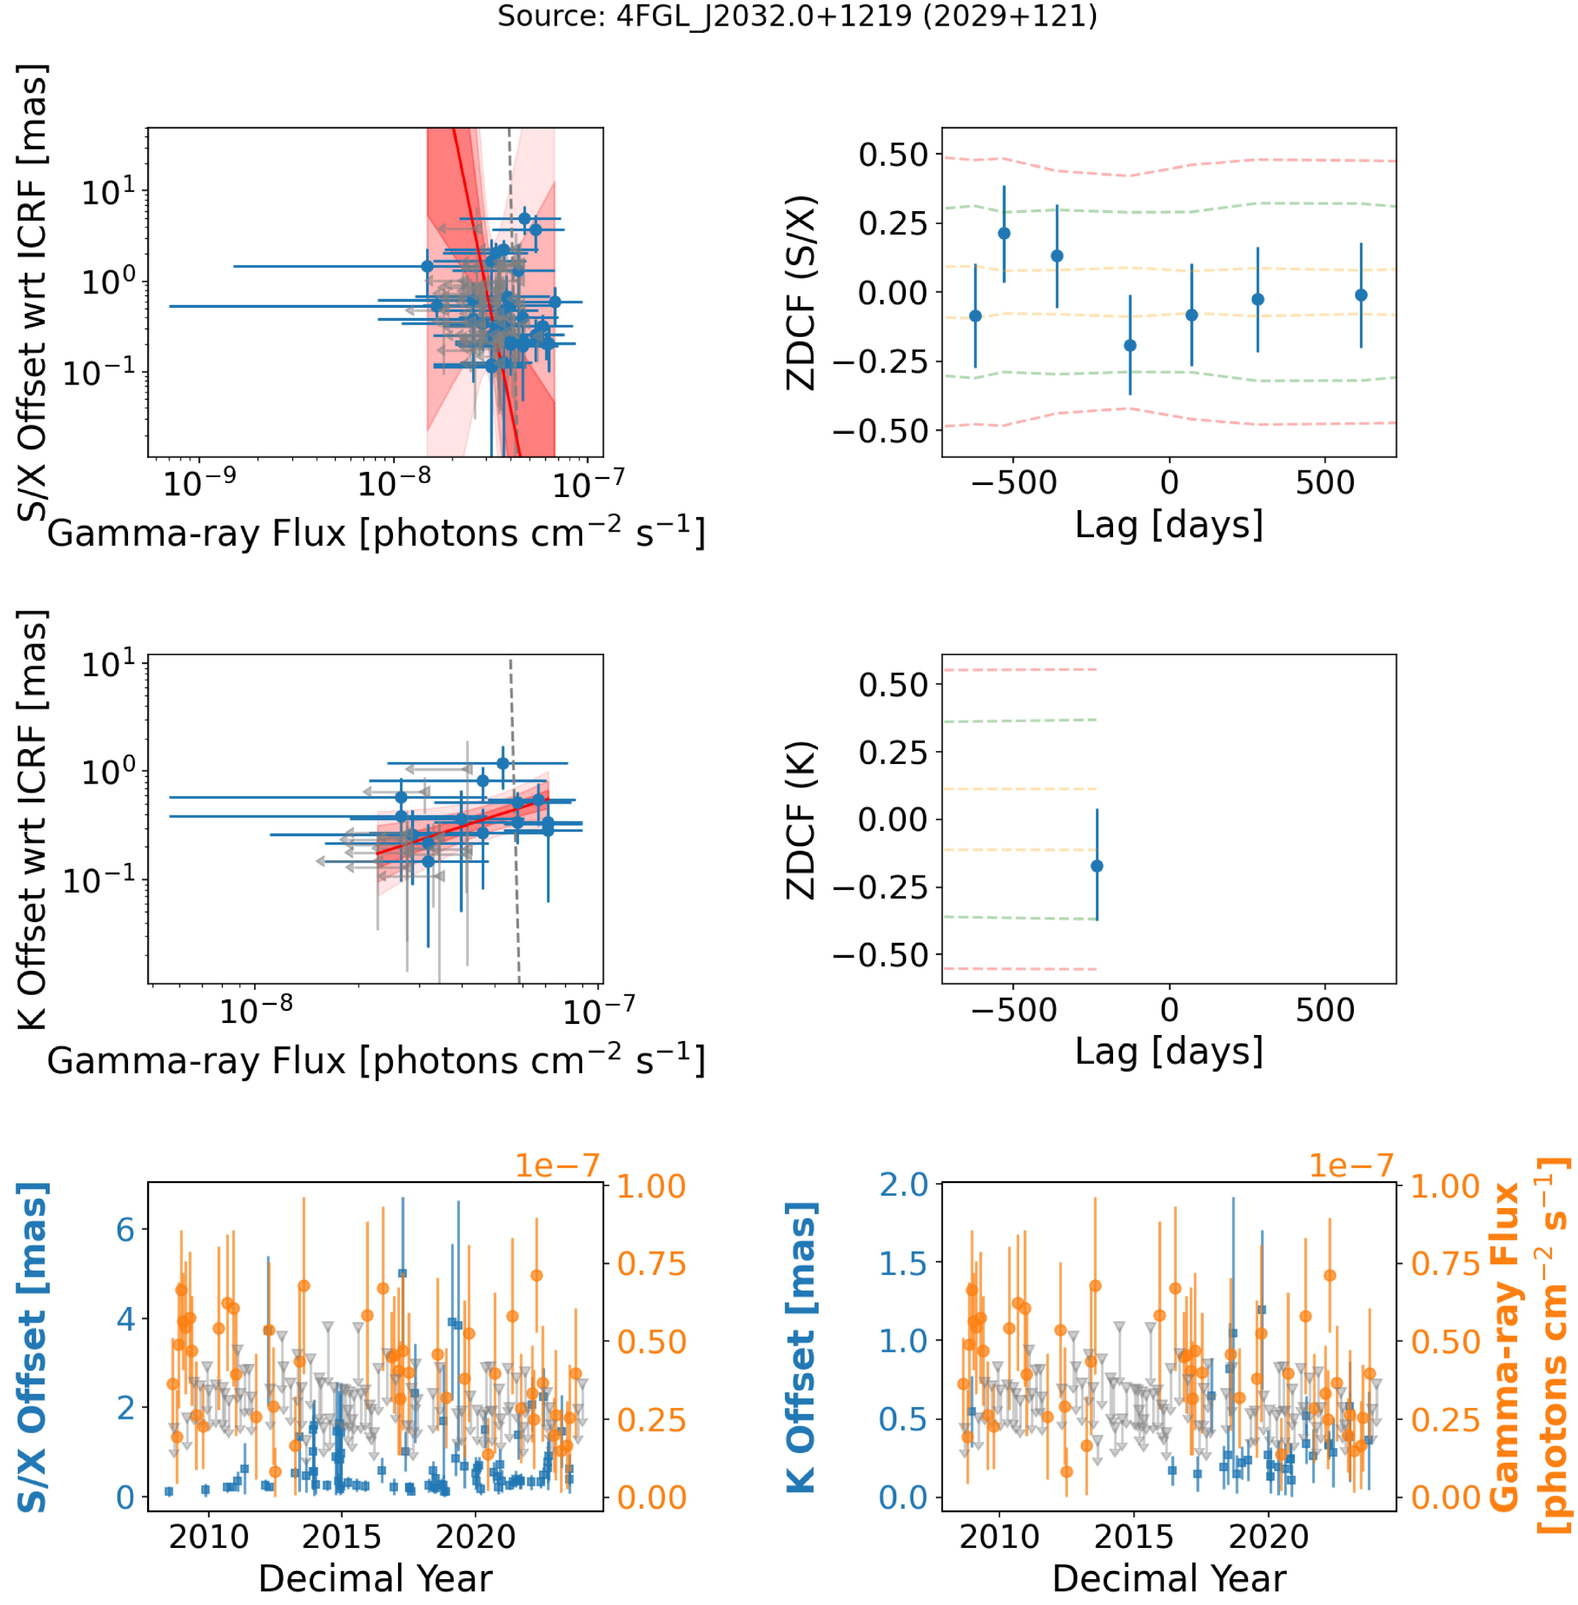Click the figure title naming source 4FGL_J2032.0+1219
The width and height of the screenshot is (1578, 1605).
pyautogui.click(x=797, y=16)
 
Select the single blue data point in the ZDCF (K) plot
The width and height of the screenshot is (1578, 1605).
pyautogui.click(x=1097, y=865)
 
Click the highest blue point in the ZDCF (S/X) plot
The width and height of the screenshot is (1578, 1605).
pyautogui.click(x=1004, y=233)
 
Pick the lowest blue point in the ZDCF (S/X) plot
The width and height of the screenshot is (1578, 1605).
pyautogui.click(x=1130, y=345)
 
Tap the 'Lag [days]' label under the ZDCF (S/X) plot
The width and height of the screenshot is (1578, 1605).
pyautogui.click(x=1169, y=525)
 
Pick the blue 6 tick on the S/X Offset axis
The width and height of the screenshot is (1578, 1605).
pyautogui.click(x=125, y=1229)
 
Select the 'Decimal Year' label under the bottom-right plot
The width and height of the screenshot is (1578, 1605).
pyautogui.click(x=1169, y=1578)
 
